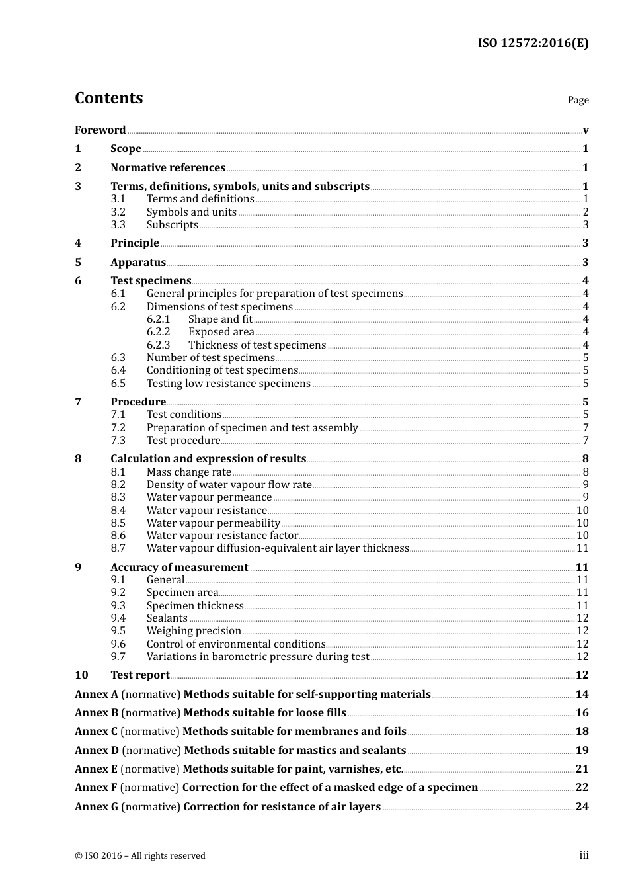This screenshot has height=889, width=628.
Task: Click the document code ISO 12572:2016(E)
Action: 533,43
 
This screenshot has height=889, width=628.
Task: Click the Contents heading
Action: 108,98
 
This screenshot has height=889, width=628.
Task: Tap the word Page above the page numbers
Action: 578,100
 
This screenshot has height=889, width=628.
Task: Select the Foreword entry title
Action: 100,130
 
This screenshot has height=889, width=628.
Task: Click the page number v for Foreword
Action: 586,130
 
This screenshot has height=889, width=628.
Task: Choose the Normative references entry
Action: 168,168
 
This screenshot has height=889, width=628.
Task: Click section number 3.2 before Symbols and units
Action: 118,212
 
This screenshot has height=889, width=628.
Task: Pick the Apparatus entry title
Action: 138,263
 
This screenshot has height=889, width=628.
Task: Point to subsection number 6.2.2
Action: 158,332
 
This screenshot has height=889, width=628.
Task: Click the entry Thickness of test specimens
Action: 257,345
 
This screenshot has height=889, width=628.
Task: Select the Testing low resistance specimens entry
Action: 228,384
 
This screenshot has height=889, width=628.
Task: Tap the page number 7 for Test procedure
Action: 586,441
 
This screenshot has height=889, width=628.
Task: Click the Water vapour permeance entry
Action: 209,497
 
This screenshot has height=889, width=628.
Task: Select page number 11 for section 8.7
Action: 582,548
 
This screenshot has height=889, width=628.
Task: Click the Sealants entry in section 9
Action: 167,618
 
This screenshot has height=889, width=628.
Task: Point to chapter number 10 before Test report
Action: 81,675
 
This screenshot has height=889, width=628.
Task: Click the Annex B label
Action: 97,713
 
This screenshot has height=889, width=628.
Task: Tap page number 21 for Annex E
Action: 582,769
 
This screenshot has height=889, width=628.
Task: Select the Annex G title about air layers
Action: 282,807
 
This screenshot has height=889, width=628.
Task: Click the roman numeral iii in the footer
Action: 584,855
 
